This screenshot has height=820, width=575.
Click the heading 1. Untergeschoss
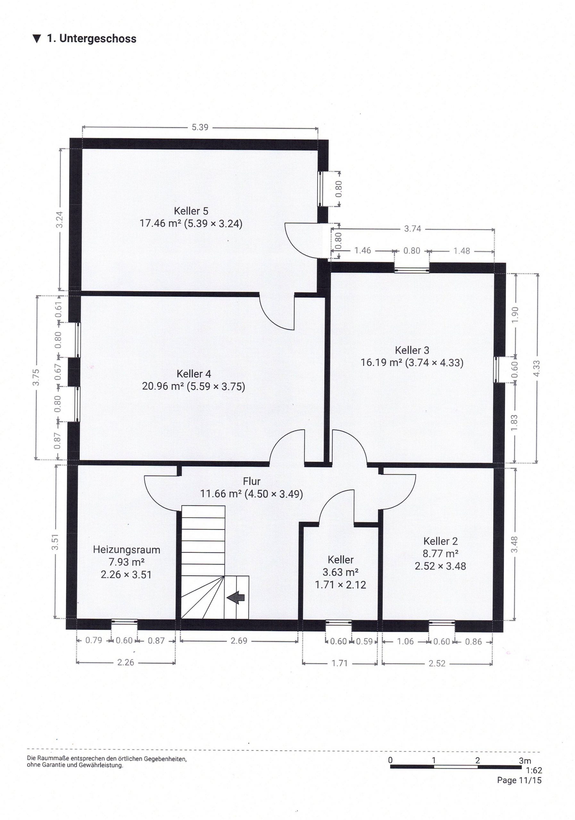91,38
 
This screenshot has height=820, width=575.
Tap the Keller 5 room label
191,211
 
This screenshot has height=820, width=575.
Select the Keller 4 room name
194,374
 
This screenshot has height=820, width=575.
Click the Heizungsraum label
127,550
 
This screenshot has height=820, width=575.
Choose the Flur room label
252,481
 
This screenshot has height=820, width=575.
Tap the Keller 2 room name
440,541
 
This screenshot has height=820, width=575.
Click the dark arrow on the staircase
236,597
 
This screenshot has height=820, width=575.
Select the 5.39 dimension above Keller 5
200,127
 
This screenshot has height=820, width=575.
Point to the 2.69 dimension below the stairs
239,641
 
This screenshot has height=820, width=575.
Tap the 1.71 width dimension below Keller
339,664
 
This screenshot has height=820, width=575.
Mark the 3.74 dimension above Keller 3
413,229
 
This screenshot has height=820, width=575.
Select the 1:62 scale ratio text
534,771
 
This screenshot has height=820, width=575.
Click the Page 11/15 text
519,780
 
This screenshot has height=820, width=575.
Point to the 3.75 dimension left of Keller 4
36,378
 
